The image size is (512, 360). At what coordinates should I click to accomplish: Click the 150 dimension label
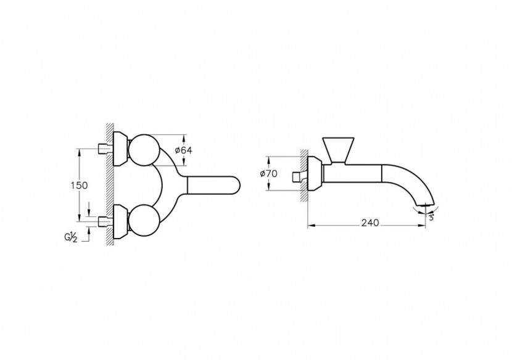80,186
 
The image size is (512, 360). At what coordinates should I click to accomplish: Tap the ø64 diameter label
183,150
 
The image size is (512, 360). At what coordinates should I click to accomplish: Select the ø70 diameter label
268,174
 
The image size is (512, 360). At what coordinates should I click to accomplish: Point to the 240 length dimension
370,223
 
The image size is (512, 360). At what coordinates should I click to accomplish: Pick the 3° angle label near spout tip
431,218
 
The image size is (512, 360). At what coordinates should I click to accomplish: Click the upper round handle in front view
144,149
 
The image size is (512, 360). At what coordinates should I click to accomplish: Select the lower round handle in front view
144,220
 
